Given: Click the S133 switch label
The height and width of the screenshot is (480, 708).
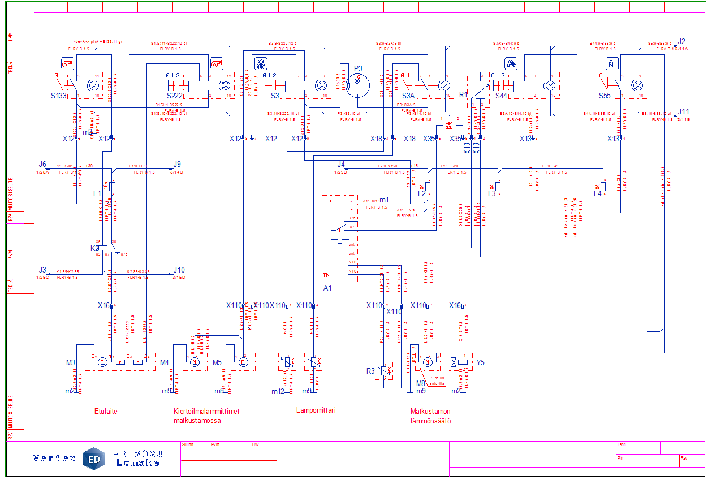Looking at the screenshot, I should click(x=59, y=96).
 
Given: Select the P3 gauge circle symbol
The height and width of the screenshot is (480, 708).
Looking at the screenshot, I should click(x=357, y=86).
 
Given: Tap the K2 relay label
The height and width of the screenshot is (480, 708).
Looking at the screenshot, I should click(x=94, y=248).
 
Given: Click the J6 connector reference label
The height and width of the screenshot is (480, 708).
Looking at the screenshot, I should click(x=43, y=165).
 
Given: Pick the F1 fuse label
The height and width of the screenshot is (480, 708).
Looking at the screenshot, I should click(x=97, y=193).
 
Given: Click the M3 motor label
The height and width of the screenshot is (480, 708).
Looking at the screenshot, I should click(x=70, y=362).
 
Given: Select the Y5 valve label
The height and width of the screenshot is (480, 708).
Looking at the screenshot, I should click(x=481, y=362).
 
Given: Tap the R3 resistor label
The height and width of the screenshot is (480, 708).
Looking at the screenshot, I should click(x=371, y=371).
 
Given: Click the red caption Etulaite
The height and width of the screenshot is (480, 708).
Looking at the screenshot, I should click(x=106, y=412).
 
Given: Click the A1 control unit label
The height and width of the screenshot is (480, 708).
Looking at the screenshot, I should click(x=327, y=287).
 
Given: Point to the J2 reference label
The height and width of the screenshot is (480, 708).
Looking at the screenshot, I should click(x=681, y=41).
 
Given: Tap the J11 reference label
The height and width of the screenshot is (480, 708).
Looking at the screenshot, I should click(x=684, y=111).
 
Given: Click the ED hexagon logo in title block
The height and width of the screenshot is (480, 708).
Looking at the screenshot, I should click(x=94, y=459).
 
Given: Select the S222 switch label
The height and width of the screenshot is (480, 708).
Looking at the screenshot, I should click(x=176, y=96).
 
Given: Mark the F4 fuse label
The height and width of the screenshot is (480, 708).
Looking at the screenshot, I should click(x=598, y=193).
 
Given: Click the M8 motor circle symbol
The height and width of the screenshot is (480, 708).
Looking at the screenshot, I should click(x=428, y=361).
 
